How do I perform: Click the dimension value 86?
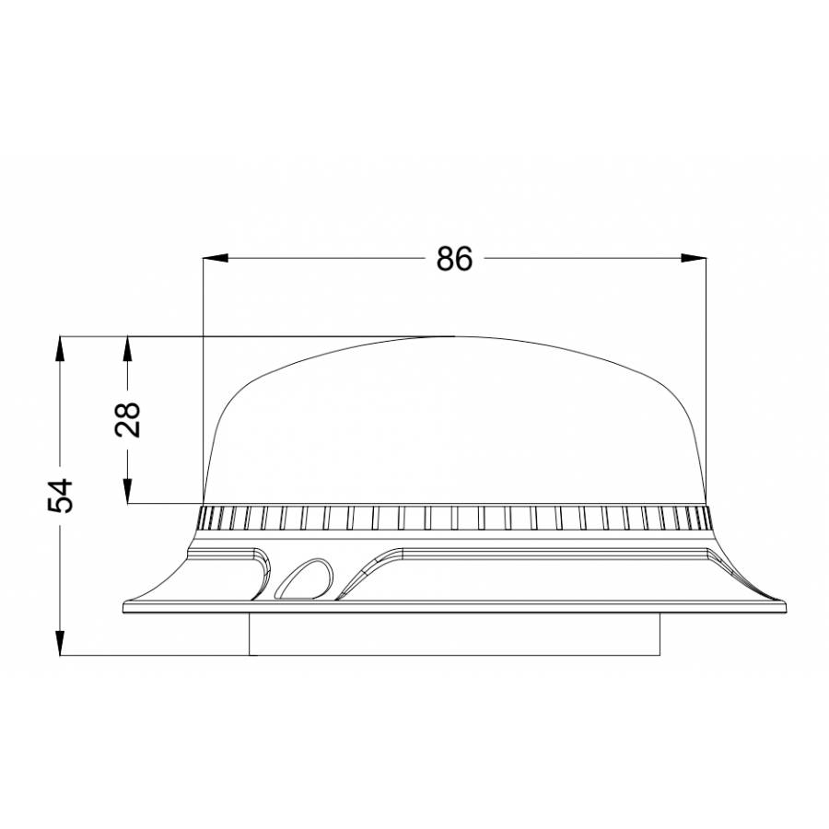454,260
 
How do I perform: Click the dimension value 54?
61,496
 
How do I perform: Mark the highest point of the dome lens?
454,337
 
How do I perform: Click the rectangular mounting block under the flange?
455,634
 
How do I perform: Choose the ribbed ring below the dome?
454,519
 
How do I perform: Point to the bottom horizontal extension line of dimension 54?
157,656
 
